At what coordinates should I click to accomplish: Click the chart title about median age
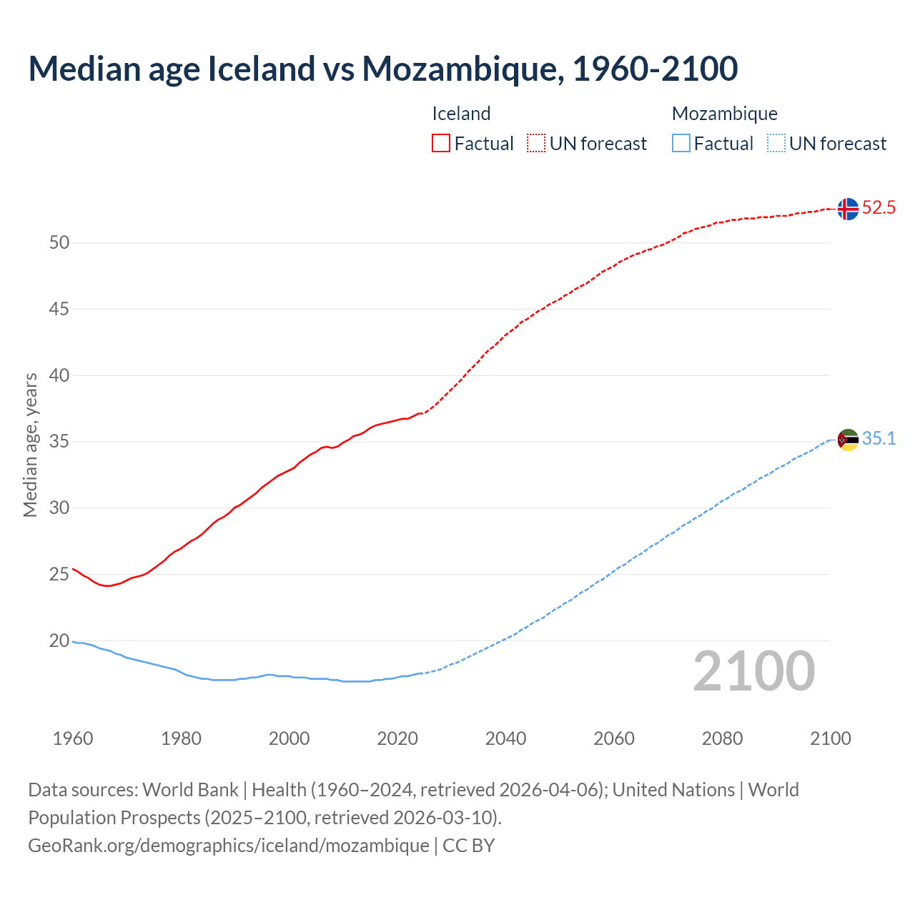coord(382,69)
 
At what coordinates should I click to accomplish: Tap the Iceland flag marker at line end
coord(848,209)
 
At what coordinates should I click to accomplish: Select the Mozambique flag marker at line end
coord(848,440)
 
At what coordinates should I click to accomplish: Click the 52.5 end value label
coord(879,208)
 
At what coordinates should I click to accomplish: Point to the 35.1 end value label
coord(879,439)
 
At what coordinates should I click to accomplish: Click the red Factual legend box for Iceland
coord(441,144)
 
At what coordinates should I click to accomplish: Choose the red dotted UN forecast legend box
coord(536,144)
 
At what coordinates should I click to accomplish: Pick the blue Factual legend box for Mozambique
coord(681,144)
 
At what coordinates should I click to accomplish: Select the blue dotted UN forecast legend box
coord(776,144)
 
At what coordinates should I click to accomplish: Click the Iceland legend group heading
coord(461,114)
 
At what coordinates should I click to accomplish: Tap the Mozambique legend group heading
coord(724,114)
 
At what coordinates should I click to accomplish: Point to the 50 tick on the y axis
coord(59,243)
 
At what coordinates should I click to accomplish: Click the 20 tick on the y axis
coord(59,641)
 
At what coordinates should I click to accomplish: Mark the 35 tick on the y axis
coord(59,442)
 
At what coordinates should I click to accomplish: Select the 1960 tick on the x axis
coord(73,738)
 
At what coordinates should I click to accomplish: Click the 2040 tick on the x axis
coord(505,738)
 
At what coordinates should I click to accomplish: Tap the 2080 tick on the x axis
coord(722,738)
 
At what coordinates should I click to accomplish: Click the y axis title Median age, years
coord(30,445)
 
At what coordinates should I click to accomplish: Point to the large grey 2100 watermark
coord(753,671)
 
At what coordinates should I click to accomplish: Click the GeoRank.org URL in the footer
coord(229,846)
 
